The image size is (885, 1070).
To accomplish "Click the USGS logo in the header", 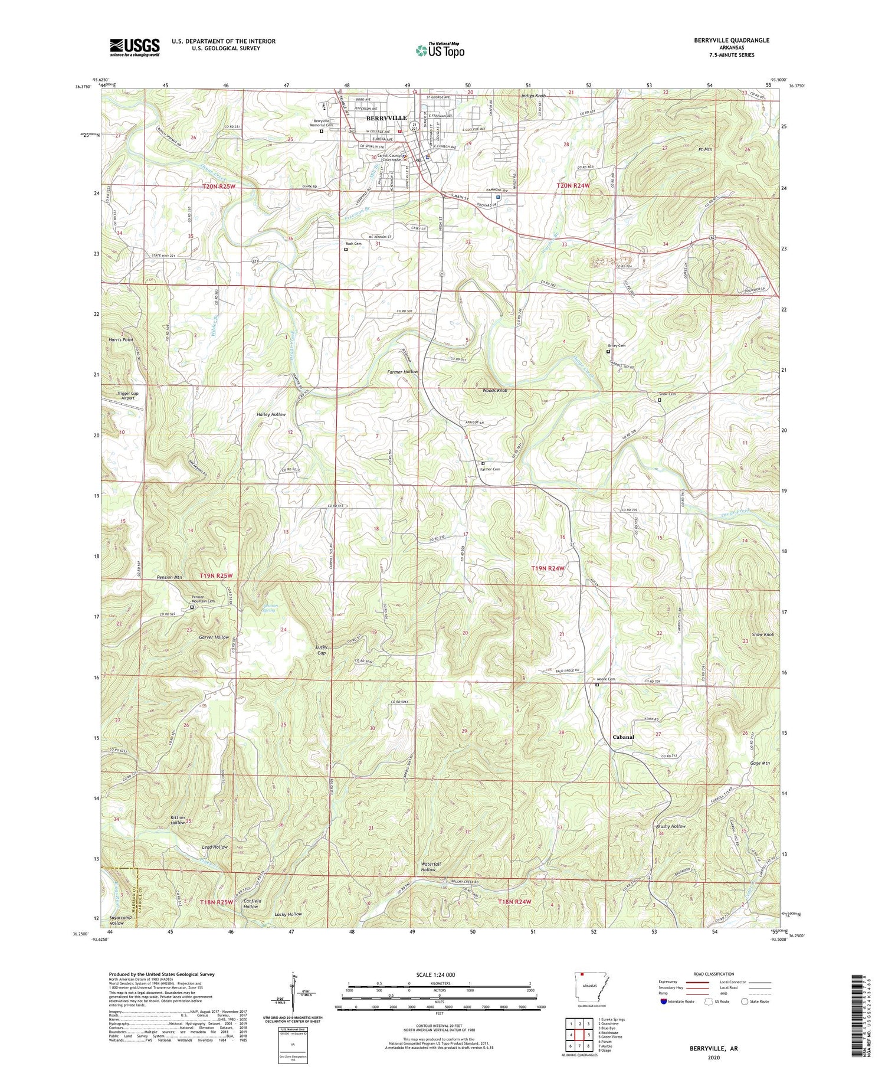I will pos(135,47).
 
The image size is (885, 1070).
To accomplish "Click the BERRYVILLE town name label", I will pos(386,118).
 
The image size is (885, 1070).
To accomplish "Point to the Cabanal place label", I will pos(623,737).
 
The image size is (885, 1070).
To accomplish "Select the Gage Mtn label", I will pos(761,763).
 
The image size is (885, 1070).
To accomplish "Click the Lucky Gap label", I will pos(321,650).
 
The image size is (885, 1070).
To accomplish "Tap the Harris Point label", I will pos(121,340).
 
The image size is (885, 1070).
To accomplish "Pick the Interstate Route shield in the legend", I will pos(664,1002).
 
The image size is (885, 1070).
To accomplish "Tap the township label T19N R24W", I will pos(548,568).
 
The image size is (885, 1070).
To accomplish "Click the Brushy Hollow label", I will pos(671,826).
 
